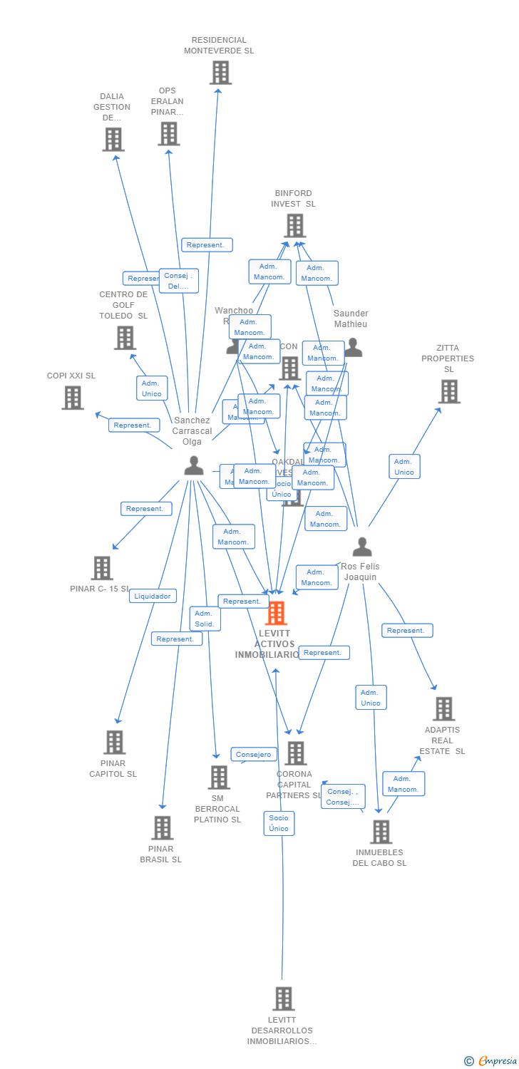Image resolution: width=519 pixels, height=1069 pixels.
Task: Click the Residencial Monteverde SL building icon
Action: point(220,73)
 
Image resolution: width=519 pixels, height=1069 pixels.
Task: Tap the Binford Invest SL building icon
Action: point(294,225)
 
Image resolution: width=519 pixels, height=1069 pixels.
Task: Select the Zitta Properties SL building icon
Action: point(448,391)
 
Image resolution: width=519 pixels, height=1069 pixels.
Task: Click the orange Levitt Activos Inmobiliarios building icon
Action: point(276,613)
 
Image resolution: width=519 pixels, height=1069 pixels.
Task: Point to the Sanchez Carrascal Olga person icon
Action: point(193,465)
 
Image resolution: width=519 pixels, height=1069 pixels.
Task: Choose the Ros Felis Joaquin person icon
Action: point(362,547)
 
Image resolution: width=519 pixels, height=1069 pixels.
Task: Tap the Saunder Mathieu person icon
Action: point(353,348)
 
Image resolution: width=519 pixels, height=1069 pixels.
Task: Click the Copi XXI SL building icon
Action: point(73,398)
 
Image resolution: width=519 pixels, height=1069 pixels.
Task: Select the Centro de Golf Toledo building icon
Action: point(125,338)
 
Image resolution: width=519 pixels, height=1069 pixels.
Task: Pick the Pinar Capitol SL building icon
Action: point(114,742)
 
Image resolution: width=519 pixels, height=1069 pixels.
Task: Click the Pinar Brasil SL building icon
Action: point(163,827)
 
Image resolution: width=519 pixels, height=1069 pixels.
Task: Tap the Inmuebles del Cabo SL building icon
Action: point(381,832)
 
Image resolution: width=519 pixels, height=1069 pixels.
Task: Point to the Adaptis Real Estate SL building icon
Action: point(443,708)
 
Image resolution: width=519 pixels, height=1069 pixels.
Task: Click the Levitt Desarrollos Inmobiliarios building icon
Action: point(283,998)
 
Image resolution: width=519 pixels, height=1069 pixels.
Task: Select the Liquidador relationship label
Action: point(153,596)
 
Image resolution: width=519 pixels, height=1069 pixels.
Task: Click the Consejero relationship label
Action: point(253,754)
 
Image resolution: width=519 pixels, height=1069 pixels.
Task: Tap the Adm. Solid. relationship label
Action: point(205,619)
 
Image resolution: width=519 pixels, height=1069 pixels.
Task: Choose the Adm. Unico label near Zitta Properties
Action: point(404,467)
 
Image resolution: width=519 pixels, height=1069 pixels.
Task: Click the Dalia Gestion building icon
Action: point(113,140)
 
